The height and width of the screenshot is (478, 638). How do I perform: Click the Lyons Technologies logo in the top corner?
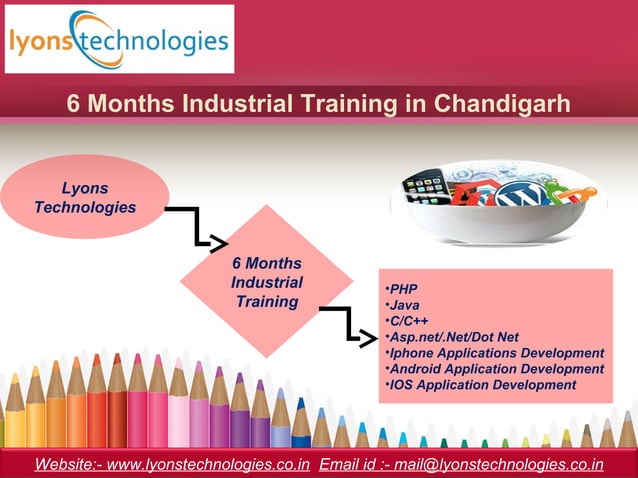point(119,39)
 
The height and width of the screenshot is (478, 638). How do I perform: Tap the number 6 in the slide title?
point(73,103)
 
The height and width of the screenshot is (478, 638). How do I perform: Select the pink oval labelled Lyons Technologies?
point(85,197)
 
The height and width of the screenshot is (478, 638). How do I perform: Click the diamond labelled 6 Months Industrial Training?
point(266,282)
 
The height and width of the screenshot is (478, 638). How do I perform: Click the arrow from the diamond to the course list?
point(349,326)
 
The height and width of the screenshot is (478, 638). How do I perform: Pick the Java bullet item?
point(404,305)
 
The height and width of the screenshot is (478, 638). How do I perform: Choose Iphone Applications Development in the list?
point(496,353)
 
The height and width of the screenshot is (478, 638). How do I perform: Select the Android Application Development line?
point(496,369)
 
